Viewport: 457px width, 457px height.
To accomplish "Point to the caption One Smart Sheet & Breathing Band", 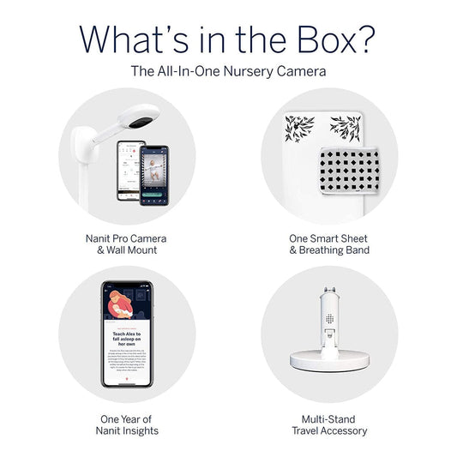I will coord(329,244).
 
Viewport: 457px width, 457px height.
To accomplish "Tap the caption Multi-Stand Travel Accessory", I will coord(329,424).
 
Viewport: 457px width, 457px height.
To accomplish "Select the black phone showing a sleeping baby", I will coord(154,174).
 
